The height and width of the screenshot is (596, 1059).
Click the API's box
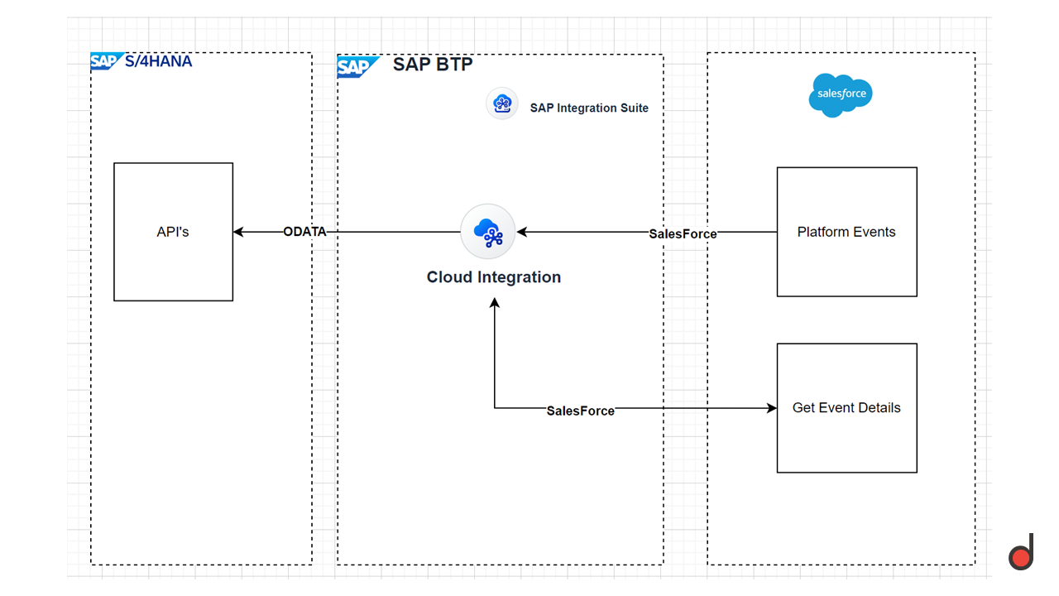[173, 232]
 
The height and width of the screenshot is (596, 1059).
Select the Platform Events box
[846, 232]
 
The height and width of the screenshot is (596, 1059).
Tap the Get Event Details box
[846, 407]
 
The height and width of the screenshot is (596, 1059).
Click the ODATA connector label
[304, 232]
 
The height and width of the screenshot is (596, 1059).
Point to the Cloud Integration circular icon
[488, 233]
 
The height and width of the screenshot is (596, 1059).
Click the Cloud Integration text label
[493, 277]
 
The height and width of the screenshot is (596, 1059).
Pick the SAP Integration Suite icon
[502, 104]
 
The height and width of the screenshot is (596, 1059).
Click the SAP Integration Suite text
[589, 108]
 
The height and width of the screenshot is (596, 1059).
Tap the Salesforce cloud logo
[841, 94]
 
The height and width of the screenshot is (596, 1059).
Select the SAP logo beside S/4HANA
[105, 61]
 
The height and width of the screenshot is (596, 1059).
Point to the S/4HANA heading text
[159, 60]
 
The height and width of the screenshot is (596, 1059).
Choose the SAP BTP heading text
[433, 65]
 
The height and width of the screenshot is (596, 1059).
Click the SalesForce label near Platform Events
[683, 234]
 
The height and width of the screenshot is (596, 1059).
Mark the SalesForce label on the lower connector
[581, 411]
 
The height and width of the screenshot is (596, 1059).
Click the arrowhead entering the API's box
[238, 232]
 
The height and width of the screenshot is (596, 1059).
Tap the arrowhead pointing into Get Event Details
[772, 407]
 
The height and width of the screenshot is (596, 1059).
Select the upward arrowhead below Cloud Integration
[495, 304]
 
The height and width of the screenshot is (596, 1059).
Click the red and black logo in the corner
[1021, 553]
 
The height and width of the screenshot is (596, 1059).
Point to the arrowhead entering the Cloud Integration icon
[522, 232]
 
